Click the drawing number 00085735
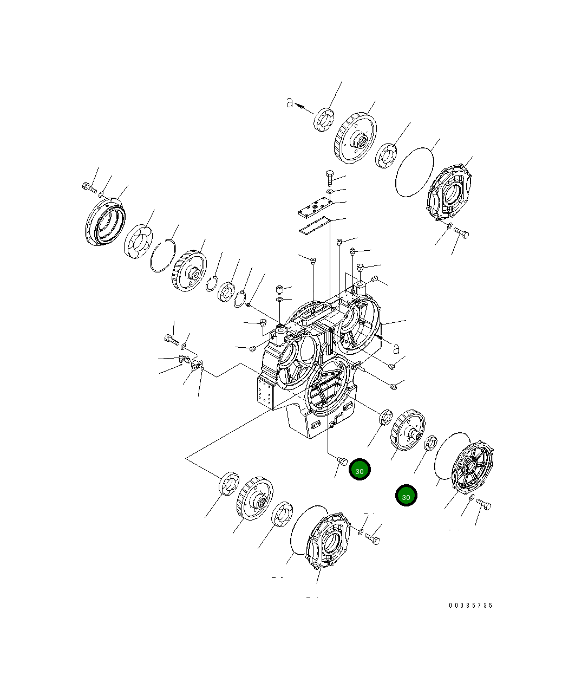[471, 606]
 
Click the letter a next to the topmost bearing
[290, 102]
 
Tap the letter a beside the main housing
[396, 348]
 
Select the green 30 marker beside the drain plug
[360, 470]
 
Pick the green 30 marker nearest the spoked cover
[406, 496]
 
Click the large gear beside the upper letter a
[355, 138]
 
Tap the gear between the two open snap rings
[190, 271]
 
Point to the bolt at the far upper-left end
[88, 187]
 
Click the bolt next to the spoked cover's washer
[485, 505]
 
